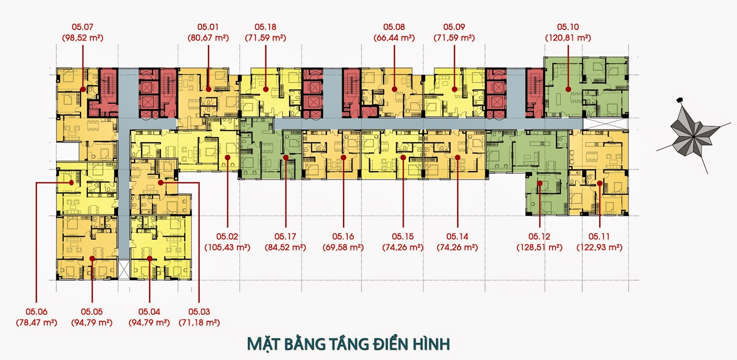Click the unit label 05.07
(x=82, y=27)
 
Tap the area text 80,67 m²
(x=208, y=38)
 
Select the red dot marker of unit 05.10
(x=568, y=89)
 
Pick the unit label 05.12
(x=539, y=237)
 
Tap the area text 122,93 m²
(x=599, y=247)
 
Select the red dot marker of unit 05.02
(x=228, y=157)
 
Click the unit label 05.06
(x=36, y=312)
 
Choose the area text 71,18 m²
(x=199, y=322)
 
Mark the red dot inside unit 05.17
(x=286, y=157)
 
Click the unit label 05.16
(x=343, y=237)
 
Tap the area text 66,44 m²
(x=394, y=38)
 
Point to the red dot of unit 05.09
(x=455, y=89)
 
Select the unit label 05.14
(x=457, y=237)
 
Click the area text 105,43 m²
(x=227, y=247)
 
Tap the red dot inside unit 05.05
(x=92, y=259)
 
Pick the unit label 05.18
(x=265, y=27)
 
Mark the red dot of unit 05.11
(x=600, y=183)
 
